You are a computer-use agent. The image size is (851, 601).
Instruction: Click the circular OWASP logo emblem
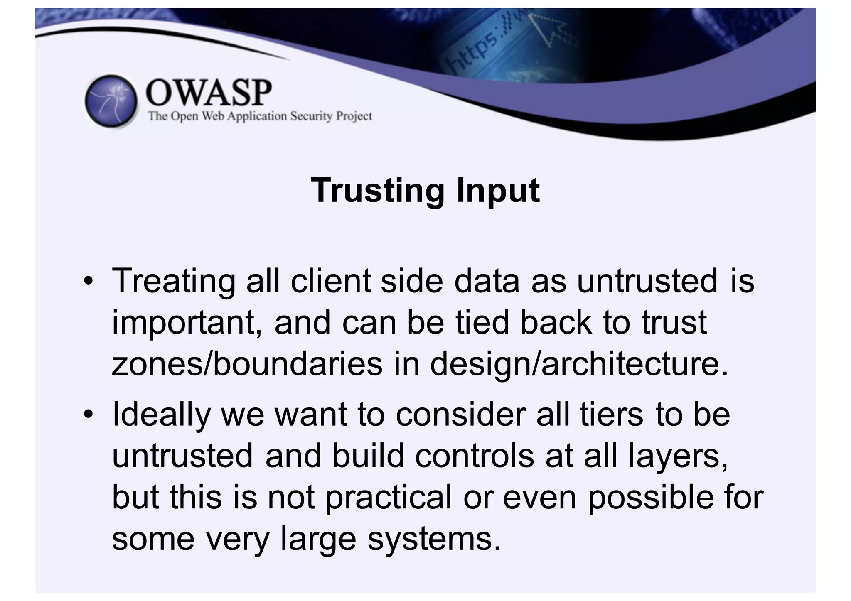pyautogui.click(x=111, y=101)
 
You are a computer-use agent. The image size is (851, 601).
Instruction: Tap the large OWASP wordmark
pyautogui.click(x=209, y=93)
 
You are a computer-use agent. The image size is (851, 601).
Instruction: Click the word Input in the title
pyautogui.click(x=498, y=191)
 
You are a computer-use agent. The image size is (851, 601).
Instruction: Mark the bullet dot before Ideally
pyautogui.click(x=88, y=415)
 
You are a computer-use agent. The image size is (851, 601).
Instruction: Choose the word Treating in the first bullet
pyautogui.click(x=173, y=281)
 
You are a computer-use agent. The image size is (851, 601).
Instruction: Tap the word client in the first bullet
pyautogui.click(x=330, y=281)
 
